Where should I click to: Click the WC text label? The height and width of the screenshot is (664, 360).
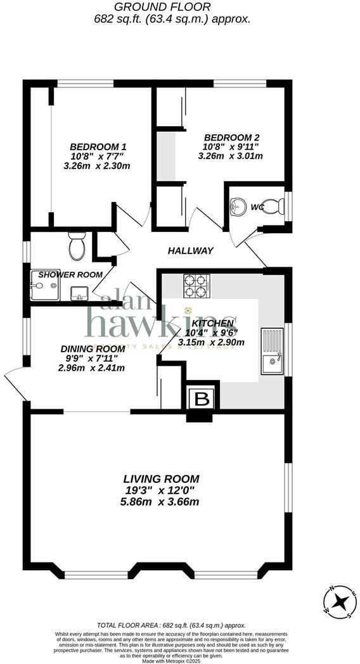[x=257, y=207]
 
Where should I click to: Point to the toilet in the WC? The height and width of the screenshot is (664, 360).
[x=274, y=206]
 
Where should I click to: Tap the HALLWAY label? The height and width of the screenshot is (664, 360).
[x=190, y=251]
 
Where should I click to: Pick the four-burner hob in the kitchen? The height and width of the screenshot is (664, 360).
[x=196, y=286]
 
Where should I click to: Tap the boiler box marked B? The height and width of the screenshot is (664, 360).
[x=202, y=400]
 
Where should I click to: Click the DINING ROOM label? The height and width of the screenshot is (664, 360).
[x=93, y=348]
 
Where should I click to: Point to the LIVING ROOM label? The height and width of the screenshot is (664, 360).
[x=161, y=479]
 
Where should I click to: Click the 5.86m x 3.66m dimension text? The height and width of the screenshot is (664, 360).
[x=161, y=502]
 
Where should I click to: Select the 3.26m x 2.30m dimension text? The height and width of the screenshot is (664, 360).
[x=97, y=166]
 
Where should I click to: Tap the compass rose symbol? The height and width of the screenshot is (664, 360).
[x=340, y=601]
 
